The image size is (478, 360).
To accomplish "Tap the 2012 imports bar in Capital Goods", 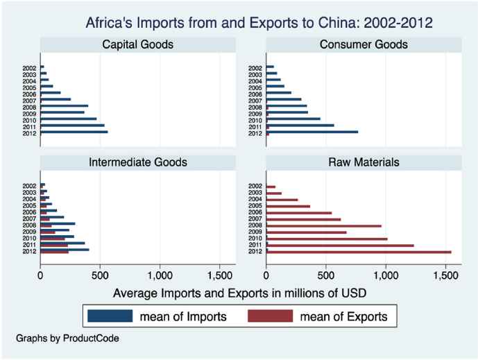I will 74,131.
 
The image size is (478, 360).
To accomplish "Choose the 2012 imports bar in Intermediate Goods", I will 65,249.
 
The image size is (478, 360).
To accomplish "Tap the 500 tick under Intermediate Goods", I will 100,275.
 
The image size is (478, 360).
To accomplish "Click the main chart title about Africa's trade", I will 259,23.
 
